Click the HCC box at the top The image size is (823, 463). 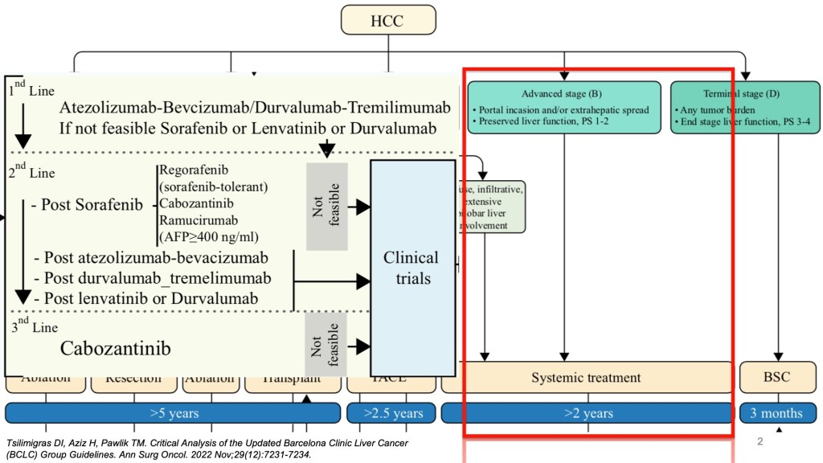388,19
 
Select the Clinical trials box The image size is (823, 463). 411,268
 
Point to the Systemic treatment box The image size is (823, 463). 586,377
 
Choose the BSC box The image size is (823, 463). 777,377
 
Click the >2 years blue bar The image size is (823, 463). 586,413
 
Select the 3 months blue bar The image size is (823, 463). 777,413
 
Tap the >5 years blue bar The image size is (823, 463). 174,413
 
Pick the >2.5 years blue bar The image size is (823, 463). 392,413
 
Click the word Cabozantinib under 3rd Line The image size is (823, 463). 115,348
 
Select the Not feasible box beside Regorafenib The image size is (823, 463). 326,205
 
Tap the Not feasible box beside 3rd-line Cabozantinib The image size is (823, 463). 326,344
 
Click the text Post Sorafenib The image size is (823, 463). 87,204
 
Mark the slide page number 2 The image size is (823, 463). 760,442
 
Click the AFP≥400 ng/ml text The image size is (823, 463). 210,236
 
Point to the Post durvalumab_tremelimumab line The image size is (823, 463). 153,278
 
